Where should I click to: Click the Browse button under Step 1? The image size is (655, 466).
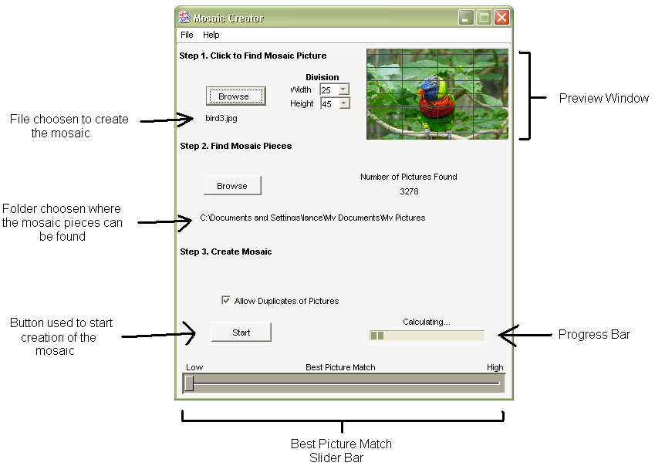(235, 96)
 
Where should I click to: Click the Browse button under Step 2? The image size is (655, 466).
(232, 186)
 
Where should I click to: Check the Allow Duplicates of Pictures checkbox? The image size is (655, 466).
(226, 301)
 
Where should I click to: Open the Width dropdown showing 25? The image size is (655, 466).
(344, 90)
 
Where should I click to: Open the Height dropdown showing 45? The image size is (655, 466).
(344, 103)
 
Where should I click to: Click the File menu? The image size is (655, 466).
(187, 35)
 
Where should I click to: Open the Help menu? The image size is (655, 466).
(211, 35)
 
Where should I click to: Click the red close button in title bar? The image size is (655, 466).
(501, 17)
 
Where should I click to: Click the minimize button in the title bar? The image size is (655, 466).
(466, 17)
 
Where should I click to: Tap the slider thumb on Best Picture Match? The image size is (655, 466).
(189, 383)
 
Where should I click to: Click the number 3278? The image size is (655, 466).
(409, 191)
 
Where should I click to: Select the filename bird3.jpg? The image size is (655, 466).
(221, 119)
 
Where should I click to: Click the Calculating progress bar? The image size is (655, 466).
(427, 335)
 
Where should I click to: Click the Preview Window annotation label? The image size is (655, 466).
(603, 98)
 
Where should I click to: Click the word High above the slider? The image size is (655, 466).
(495, 367)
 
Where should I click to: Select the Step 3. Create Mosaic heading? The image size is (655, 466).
(225, 252)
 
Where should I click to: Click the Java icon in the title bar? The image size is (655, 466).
(184, 17)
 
